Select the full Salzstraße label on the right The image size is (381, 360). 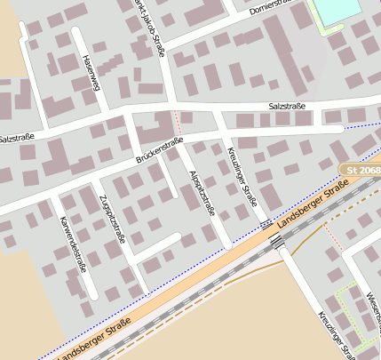[x=286, y=107]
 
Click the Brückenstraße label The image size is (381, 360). [x=159, y=150]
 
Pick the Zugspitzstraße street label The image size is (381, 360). [x=112, y=218]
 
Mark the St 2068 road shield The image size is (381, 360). [x=360, y=168]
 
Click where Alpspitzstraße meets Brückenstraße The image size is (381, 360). [x=178, y=145]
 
